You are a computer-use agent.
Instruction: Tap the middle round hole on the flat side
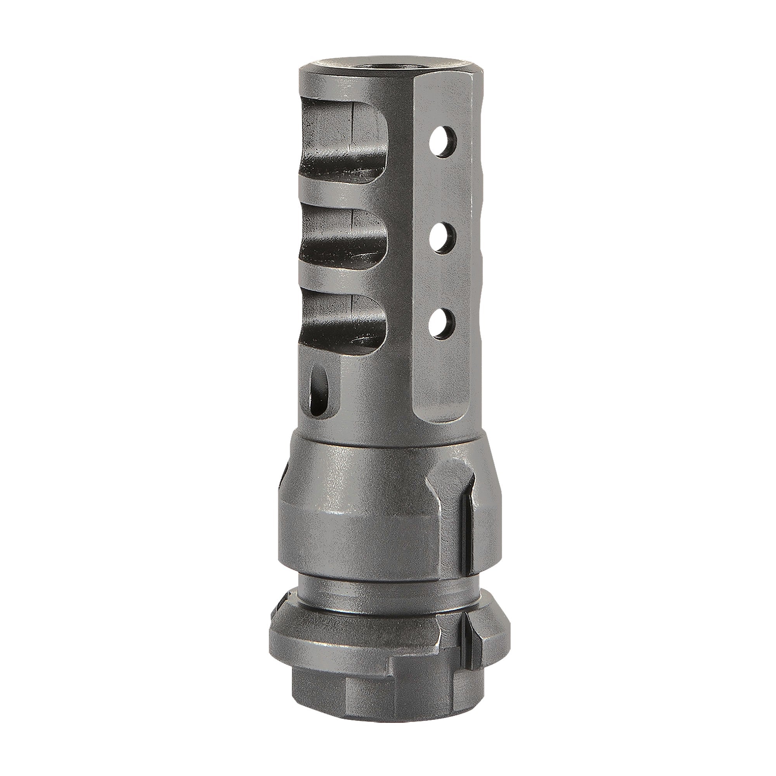pyautogui.click(x=443, y=238)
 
